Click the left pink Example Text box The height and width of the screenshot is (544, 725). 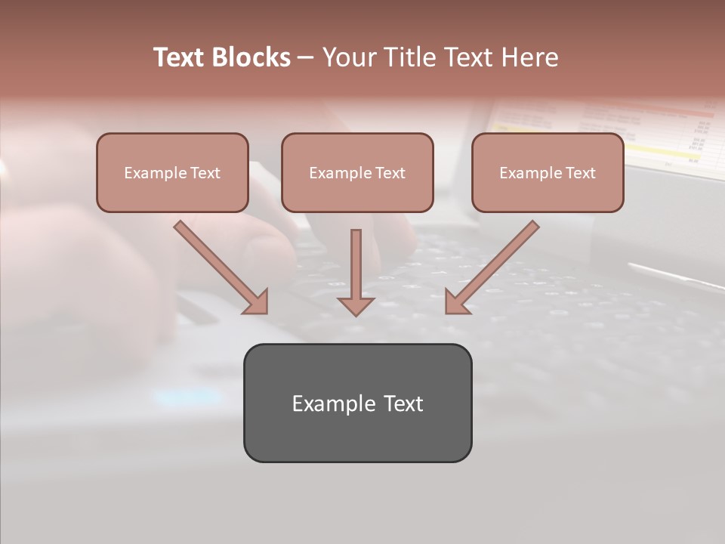pos(172,172)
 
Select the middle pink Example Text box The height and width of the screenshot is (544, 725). pos(357,172)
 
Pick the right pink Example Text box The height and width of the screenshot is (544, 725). pos(548,172)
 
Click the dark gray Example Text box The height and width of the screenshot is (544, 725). pos(357,403)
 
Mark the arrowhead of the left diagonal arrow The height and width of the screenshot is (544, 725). pos(257,302)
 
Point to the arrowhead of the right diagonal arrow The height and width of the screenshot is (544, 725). pos(456,302)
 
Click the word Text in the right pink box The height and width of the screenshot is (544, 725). pos(581,173)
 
